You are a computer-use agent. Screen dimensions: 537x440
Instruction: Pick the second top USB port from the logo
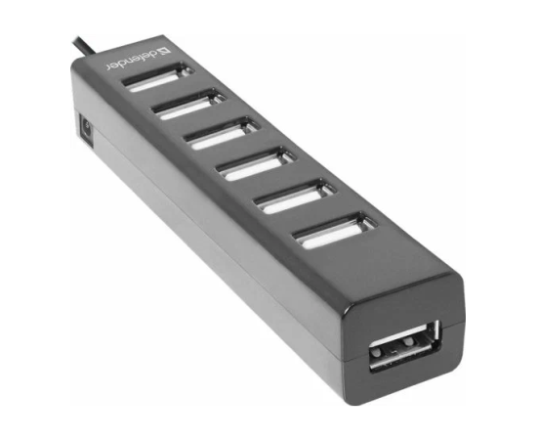(x=188, y=105)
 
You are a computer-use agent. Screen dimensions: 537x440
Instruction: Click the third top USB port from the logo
(x=222, y=134)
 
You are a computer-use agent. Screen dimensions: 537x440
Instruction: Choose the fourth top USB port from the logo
(x=257, y=164)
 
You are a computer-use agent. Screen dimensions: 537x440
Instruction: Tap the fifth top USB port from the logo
(x=295, y=197)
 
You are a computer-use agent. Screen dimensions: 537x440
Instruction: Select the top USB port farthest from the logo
(x=335, y=231)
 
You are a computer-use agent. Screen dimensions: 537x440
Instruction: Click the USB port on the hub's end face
(x=404, y=346)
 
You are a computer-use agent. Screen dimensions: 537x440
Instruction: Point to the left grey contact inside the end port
(x=377, y=352)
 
